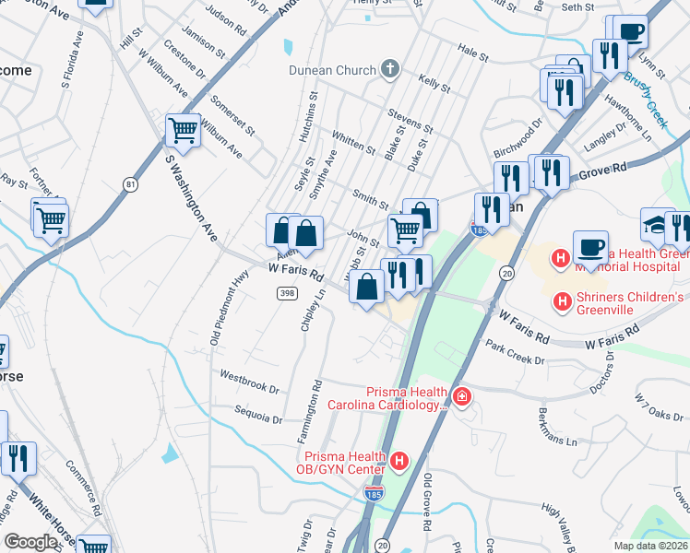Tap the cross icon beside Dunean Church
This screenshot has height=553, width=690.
click(x=390, y=69)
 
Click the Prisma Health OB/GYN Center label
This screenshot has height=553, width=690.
click(x=341, y=463)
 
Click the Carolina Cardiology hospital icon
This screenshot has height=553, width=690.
click(x=461, y=398)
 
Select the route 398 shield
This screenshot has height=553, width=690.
click(x=287, y=292)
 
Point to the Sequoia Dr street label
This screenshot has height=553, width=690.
click(x=258, y=414)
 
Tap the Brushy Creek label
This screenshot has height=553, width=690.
click(x=645, y=100)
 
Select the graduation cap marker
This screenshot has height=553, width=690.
click(x=658, y=224)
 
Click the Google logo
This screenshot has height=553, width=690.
click(x=30, y=542)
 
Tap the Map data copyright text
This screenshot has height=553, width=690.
click(x=651, y=546)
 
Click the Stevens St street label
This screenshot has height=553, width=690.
click(x=410, y=121)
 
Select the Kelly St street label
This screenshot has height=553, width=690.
click(x=434, y=85)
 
